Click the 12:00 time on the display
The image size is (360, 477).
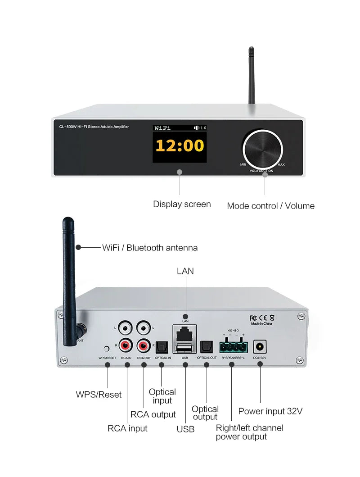tap(180, 145)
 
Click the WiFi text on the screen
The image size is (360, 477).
tap(162, 128)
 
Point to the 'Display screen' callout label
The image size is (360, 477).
tap(182, 204)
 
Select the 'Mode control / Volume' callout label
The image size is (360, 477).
tap(270, 206)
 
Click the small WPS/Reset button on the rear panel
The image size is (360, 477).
tap(107, 348)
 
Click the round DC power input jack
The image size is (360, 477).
tap(260, 347)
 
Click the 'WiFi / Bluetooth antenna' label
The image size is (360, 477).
tap(150, 247)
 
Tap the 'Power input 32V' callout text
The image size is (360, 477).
tap(270, 411)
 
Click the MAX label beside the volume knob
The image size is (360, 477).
tap(281, 165)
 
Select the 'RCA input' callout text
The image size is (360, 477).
tap(127, 428)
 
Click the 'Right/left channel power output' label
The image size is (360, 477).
tap(249, 432)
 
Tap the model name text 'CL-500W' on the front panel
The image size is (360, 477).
tap(63, 127)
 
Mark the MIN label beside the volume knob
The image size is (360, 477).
tap(243, 165)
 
